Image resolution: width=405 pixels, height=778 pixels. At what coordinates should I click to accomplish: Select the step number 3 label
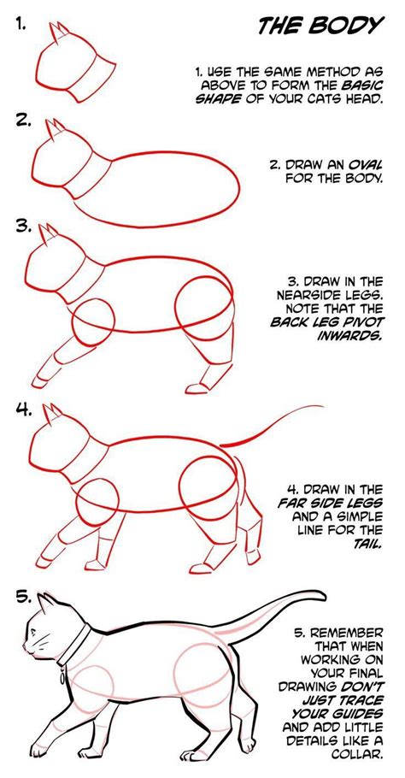pyautogui.click(x=23, y=227)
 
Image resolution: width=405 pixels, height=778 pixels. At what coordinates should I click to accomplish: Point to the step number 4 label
pyautogui.click(x=23, y=410)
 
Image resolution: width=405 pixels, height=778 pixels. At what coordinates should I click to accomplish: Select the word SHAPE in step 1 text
pyautogui.click(x=221, y=97)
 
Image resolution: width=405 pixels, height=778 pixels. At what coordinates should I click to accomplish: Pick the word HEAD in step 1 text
pyautogui.click(x=362, y=97)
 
